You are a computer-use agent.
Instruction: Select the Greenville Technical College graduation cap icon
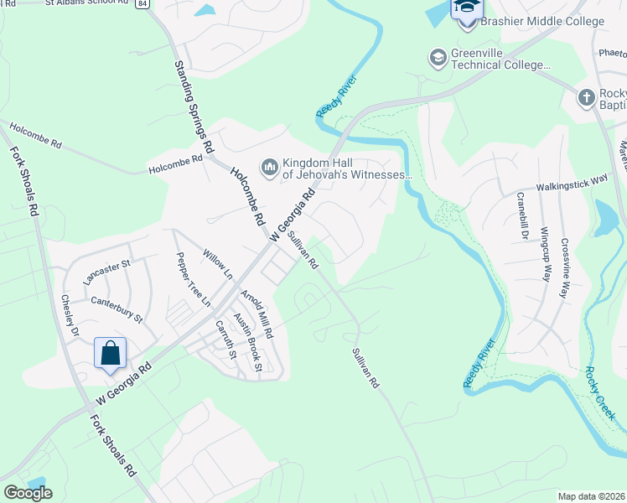(437, 58)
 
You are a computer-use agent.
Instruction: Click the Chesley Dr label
(70, 315)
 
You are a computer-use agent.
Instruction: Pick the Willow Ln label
(218, 262)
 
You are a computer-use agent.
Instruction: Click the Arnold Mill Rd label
(256, 314)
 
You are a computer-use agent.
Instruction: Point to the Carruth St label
(225, 339)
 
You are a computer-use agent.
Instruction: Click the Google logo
(28, 493)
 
